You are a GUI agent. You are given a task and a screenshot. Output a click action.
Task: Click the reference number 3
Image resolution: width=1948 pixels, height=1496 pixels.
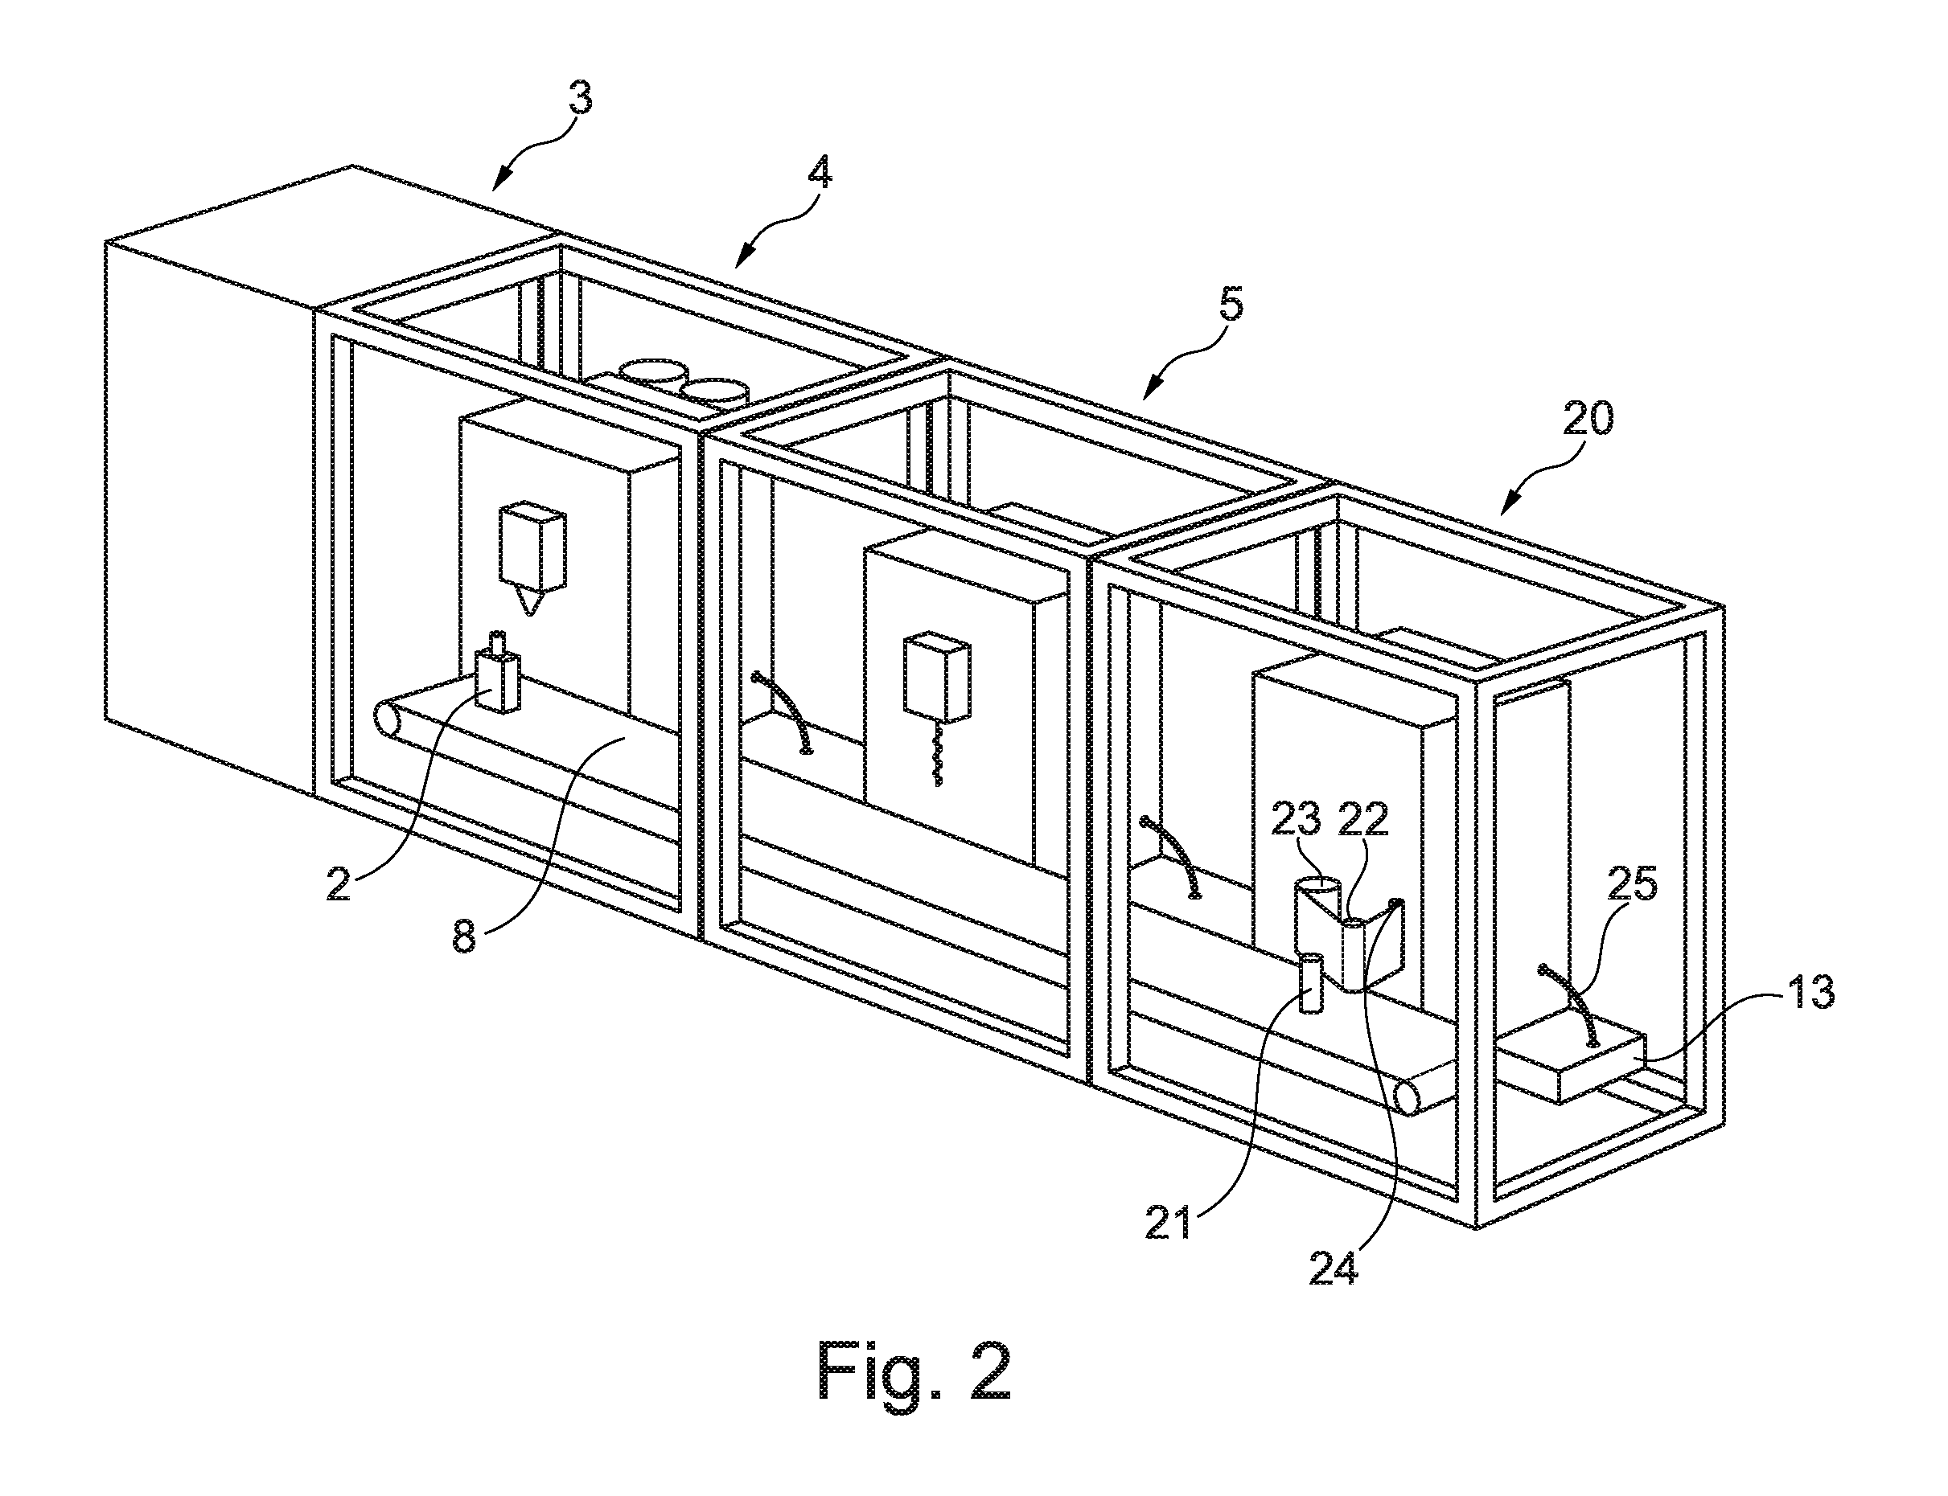580,98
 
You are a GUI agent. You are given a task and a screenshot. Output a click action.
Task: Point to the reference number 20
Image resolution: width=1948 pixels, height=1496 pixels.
1586,419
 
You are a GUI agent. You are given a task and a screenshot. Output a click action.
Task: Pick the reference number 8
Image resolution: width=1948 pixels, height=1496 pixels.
464,937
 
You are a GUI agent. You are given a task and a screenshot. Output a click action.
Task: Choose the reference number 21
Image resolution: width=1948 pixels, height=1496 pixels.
1168,1225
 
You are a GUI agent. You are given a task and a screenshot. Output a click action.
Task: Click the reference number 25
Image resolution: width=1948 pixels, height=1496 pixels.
1632,884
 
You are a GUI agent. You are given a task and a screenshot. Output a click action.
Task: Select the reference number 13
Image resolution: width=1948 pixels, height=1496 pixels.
1809,992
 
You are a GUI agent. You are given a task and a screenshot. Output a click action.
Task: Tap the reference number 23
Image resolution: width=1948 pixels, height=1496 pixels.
1296,820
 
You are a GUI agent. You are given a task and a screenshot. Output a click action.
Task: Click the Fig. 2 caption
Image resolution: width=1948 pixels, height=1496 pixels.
914,1371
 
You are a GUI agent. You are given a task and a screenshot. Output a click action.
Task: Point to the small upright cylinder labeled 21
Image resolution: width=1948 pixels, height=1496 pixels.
1310,982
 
